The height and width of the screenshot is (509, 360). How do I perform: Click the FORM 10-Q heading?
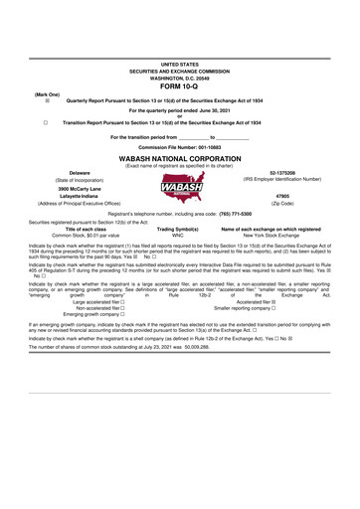pos(180,84)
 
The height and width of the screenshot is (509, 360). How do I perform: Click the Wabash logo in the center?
pos(179,188)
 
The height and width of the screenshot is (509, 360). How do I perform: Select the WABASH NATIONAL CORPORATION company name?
pos(180,157)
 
